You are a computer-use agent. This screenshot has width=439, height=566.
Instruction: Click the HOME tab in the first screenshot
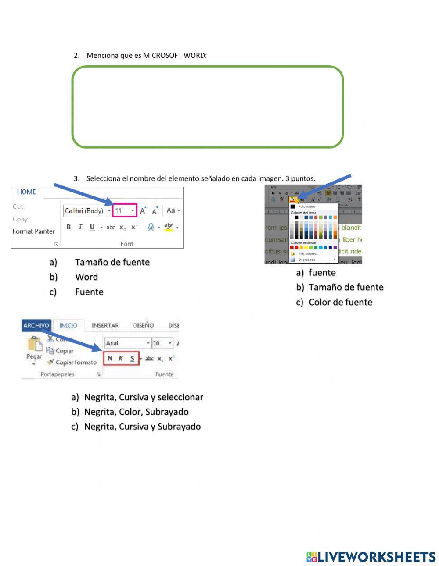[26, 192]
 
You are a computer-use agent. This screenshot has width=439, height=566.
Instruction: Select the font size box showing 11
[125, 210]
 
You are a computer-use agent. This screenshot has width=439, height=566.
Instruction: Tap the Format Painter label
[34, 231]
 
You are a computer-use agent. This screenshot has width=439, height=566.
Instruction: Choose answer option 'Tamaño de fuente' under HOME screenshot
[112, 262]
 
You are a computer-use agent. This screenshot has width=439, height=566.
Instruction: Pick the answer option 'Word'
[86, 277]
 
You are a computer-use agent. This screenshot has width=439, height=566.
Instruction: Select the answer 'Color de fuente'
[340, 302]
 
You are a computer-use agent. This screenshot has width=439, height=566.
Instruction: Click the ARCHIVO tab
[36, 326]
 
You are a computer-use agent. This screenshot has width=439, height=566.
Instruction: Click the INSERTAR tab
[105, 326]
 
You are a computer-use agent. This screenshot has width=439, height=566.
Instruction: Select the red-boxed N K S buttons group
[121, 358]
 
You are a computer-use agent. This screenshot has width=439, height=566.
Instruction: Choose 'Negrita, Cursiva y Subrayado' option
[142, 427]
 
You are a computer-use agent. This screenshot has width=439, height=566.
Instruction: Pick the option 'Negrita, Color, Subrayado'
[136, 412]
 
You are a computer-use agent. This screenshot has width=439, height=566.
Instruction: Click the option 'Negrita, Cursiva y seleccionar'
[144, 397]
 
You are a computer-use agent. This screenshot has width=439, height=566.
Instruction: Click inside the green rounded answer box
[207, 107]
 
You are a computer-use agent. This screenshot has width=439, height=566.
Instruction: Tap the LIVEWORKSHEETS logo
[371, 557]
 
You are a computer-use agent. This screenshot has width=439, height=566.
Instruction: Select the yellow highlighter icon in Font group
[169, 227]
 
